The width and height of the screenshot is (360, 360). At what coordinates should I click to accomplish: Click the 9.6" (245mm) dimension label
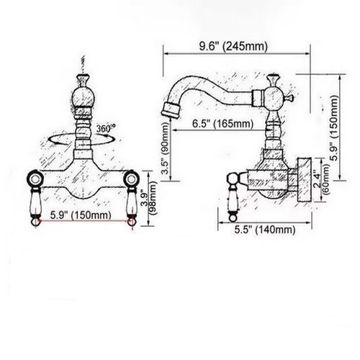(x=233, y=46)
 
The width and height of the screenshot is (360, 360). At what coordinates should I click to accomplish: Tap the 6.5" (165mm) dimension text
(x=222, y=124)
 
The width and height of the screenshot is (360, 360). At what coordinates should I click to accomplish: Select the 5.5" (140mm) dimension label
(x=265, y=230)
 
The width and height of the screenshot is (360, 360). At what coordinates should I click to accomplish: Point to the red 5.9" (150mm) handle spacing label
(x=81, y=215)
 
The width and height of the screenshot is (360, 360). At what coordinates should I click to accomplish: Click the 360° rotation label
(x=106, y=128)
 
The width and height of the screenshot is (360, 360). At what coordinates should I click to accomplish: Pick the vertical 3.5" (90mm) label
(x=166, y=148)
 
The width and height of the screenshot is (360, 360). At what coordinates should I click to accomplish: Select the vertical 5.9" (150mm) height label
(x=334, y=128)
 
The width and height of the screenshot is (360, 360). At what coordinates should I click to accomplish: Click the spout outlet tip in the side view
(x=171, y=111)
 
